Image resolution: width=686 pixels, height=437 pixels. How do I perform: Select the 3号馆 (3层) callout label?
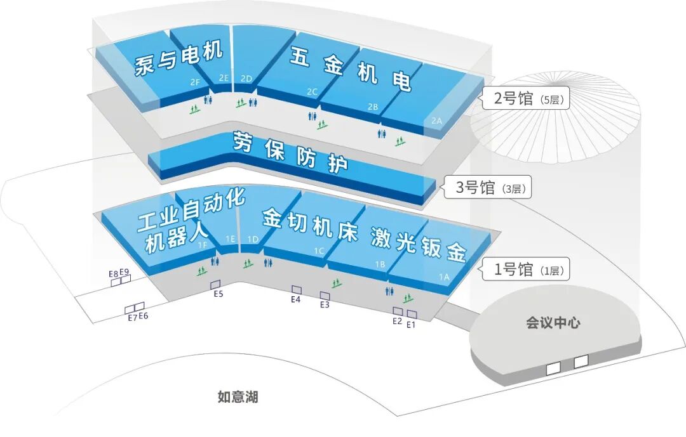tap(487, 188)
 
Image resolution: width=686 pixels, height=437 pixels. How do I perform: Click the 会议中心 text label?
tap(553, 323)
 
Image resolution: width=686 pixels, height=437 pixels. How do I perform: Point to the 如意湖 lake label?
tap(238, 398)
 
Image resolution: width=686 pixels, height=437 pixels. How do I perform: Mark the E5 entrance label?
tap(219, 294)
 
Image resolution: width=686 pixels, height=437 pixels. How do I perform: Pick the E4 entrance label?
tap(295, 299)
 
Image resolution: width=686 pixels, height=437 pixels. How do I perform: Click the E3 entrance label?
tap(325, 305)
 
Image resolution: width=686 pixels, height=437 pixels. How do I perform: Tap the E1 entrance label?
tap(410, 325)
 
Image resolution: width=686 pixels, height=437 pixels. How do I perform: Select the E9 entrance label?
tap(124, 273)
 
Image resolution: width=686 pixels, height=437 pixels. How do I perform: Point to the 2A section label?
tap(436, 121)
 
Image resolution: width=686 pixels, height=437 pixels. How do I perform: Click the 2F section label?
tap(195, 82)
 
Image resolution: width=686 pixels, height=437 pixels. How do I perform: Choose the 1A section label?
tap(444, 277)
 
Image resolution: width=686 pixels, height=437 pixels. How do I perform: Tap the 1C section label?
tap(319, 251)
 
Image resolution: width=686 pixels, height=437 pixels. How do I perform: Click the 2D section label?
tap(246, 79)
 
